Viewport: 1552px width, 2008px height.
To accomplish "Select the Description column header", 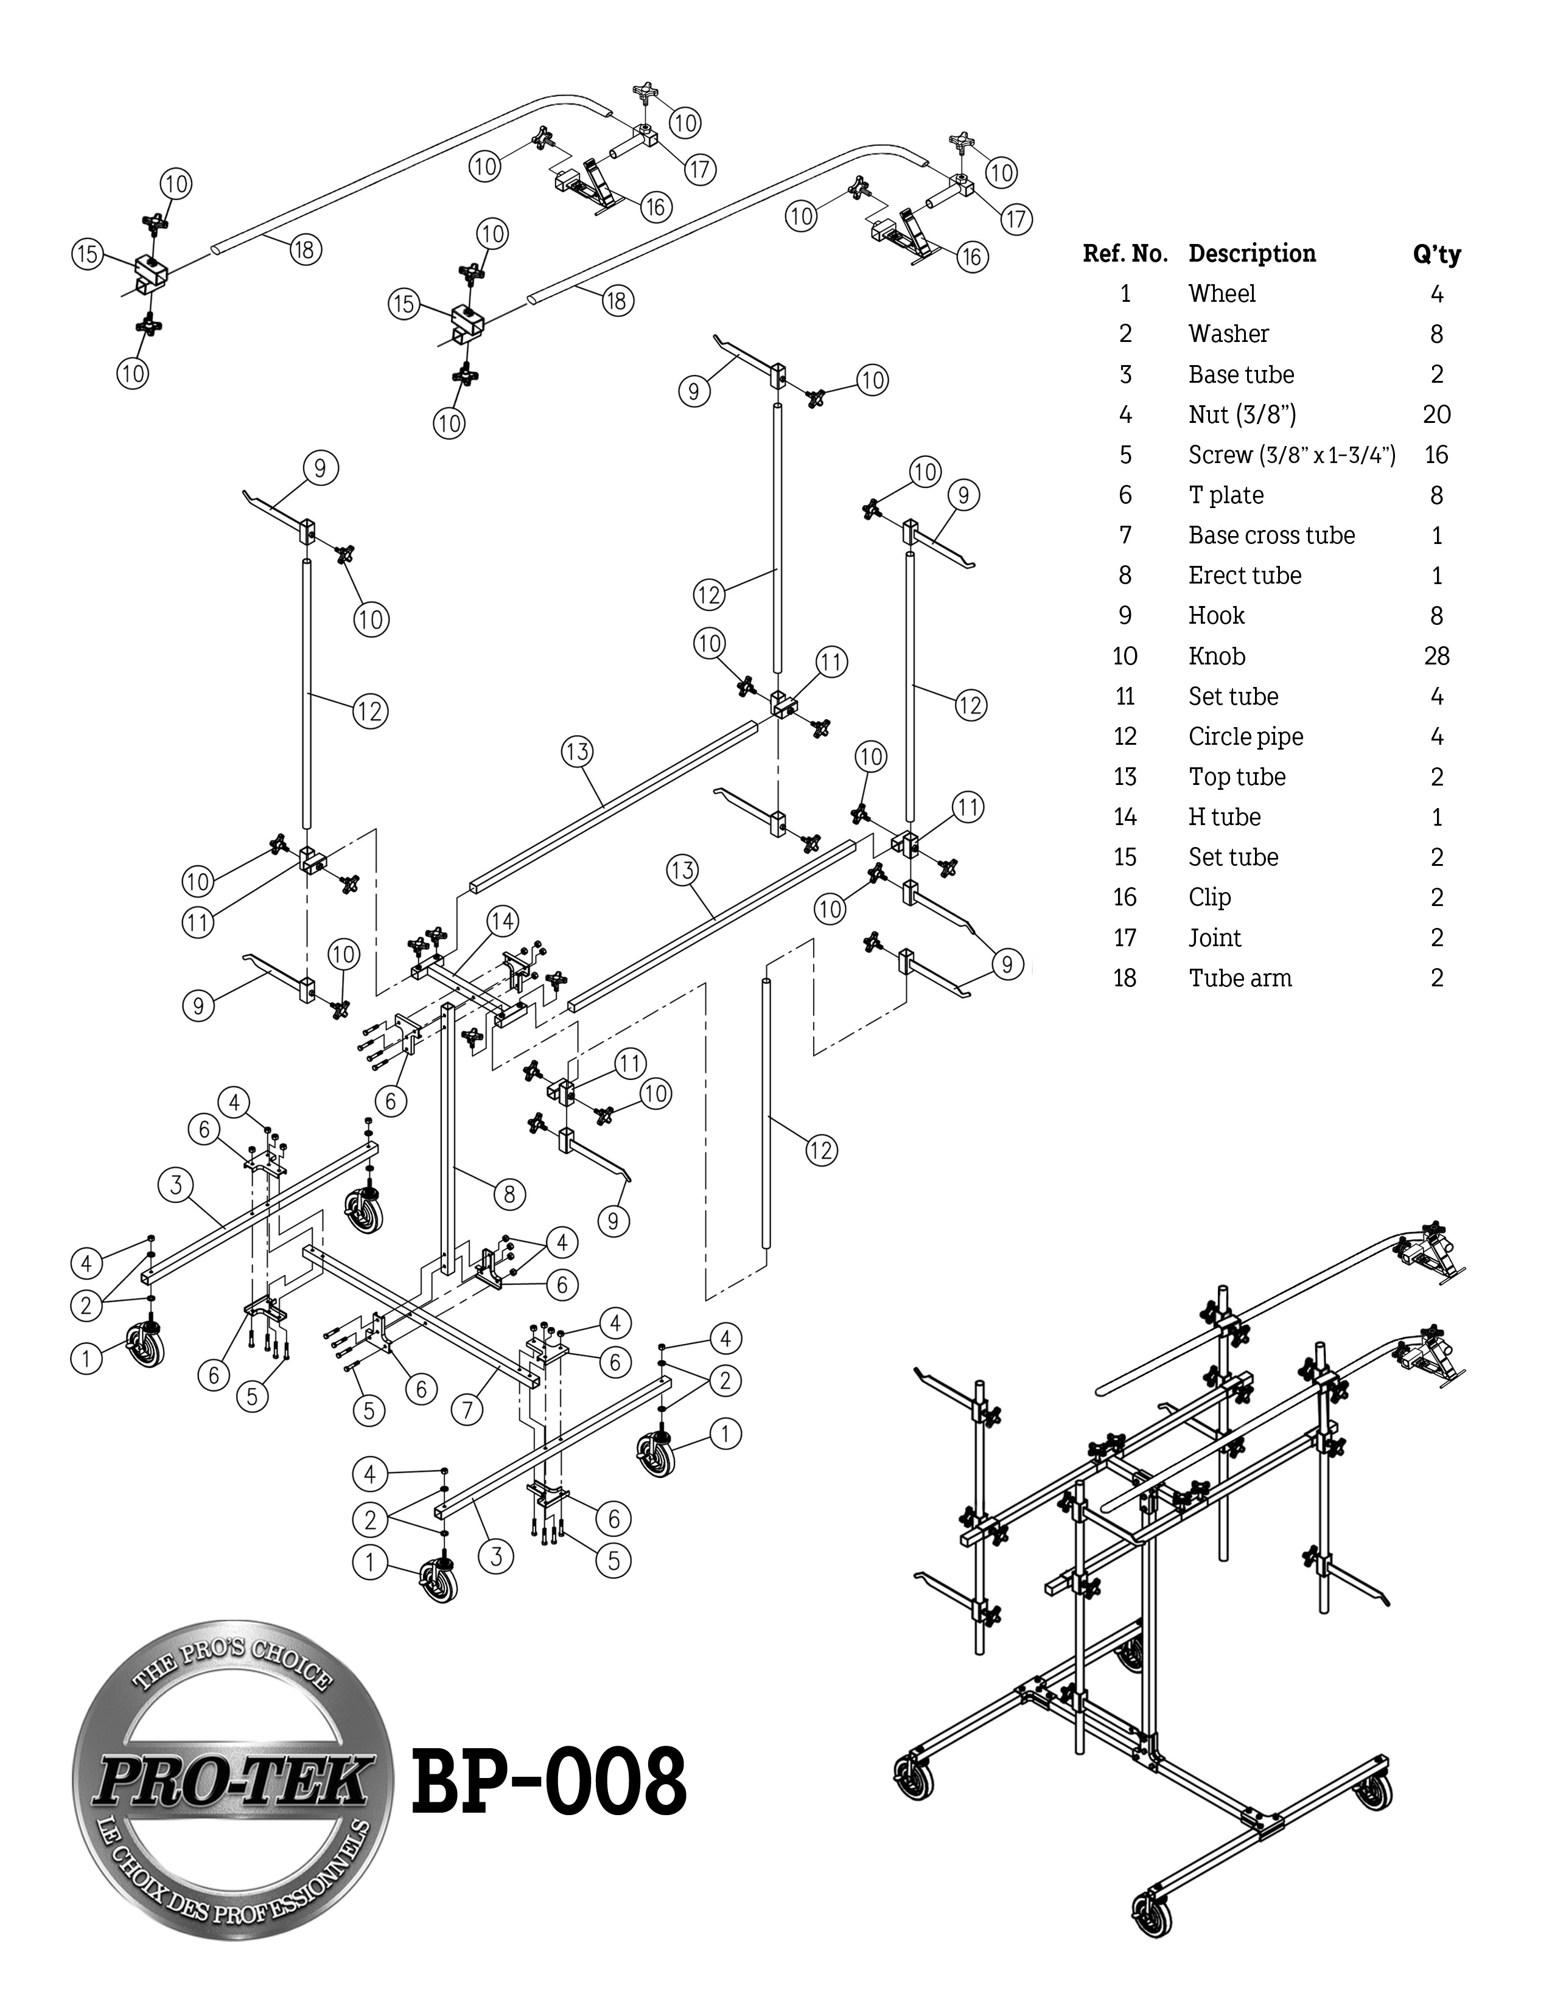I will pos(1251,254).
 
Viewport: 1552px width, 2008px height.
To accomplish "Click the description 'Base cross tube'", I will pos(1271,535).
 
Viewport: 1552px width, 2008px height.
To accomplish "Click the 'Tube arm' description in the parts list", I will pos(1239,978).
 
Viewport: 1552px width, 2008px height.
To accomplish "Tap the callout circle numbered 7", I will pos(467,1409).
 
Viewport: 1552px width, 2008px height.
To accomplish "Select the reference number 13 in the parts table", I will pos(1125,777).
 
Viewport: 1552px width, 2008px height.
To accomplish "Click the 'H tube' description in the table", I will pos(1224,817).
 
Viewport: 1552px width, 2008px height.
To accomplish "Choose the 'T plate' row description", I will pos(1226,495).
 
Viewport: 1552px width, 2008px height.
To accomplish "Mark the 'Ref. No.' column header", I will pos(1125,254).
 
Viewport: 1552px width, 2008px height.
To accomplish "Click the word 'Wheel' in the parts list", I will pos(1221,295).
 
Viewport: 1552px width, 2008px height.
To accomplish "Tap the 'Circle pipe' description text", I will pos(1245,736).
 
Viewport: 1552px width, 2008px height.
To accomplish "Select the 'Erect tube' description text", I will pos(1244,576).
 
